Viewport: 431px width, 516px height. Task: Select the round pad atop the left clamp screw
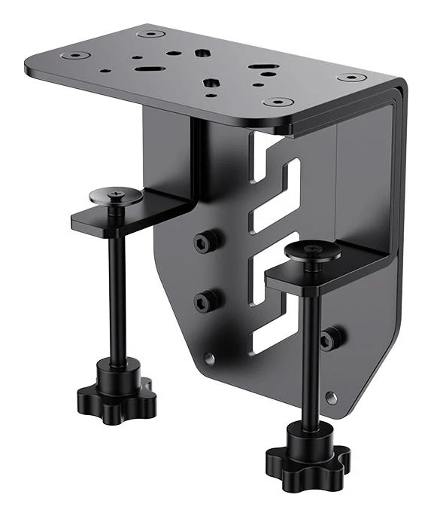click(x=116, y=197)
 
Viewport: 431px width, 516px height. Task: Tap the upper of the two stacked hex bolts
click(x=206, y=241)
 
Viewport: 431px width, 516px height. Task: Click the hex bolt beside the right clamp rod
click(x=329, y=338)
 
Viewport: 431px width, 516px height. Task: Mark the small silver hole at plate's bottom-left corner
click(x=209, y=359)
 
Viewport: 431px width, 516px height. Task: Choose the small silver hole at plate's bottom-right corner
click(x=331, y=396)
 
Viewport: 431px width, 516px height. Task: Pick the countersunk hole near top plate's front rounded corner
click(x=278, y=102)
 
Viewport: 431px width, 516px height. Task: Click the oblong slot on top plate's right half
click(x=263, y=75)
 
